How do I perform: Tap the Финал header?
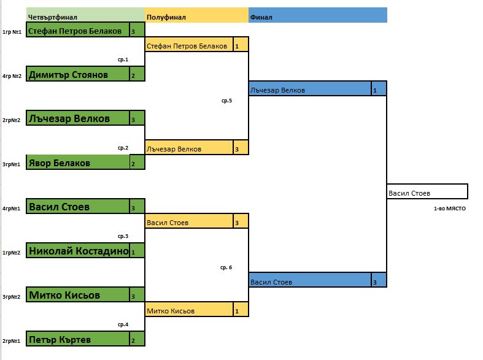[261, 17]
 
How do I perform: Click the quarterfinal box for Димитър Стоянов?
[77, 75]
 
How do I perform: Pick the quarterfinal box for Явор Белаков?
[77, 163]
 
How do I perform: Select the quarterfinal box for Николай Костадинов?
[77, 251]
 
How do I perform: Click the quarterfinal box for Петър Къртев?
[77, 339]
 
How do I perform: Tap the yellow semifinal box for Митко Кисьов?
[189, 311]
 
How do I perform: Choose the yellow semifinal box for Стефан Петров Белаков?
[189, 46]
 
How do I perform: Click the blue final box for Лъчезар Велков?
[310, 90]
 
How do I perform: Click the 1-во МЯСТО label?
[449, 209]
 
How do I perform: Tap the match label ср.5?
[226, 100]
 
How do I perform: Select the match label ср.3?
[123, 236]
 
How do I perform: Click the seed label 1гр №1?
[12, 31]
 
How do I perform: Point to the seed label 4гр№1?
[12, 209]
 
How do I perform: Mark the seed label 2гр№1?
[12, 340]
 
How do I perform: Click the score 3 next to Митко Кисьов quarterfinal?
[137, 296]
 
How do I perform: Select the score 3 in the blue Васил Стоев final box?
[379, 282]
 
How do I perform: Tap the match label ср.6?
[226, 267]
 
